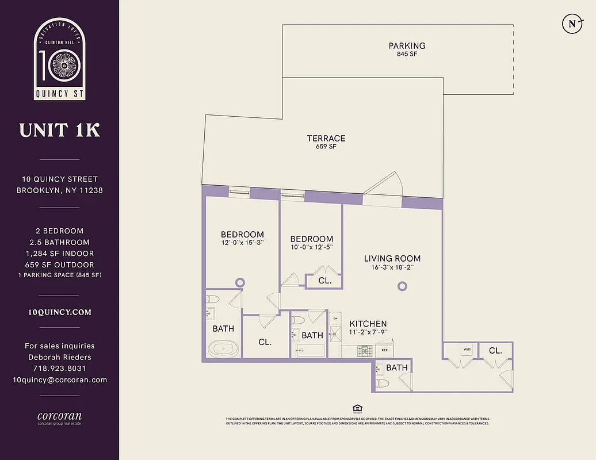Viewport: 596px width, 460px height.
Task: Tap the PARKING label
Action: tap(407, 46)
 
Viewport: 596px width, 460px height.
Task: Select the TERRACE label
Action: tap(326, 138)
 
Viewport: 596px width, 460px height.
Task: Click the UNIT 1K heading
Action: tap(59, 130)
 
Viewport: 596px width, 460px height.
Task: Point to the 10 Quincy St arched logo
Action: tap(59, 59)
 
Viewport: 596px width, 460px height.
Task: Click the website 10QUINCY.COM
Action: tap(59, 312)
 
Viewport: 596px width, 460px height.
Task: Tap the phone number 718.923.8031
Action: tap(59, 368)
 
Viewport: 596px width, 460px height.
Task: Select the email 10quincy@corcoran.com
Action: tap(59, 379)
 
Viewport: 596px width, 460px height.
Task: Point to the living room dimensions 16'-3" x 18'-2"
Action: tap(392, 267)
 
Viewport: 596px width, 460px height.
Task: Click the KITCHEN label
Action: tap(368, 324)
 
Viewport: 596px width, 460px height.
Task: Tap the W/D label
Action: tap(467, 348)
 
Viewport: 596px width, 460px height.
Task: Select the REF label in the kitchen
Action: tap(383, 349)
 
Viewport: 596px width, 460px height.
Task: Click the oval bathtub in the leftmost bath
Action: tap(220, 348)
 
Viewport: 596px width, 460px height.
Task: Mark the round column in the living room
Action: tap(403, 286)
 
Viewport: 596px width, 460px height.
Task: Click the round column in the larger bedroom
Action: tap(240, 282)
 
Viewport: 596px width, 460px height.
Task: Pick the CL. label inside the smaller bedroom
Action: tap(324, 281)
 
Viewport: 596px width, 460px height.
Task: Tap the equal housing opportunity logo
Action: tap(357, 408)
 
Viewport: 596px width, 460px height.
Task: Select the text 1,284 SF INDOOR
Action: tap(59, 254)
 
